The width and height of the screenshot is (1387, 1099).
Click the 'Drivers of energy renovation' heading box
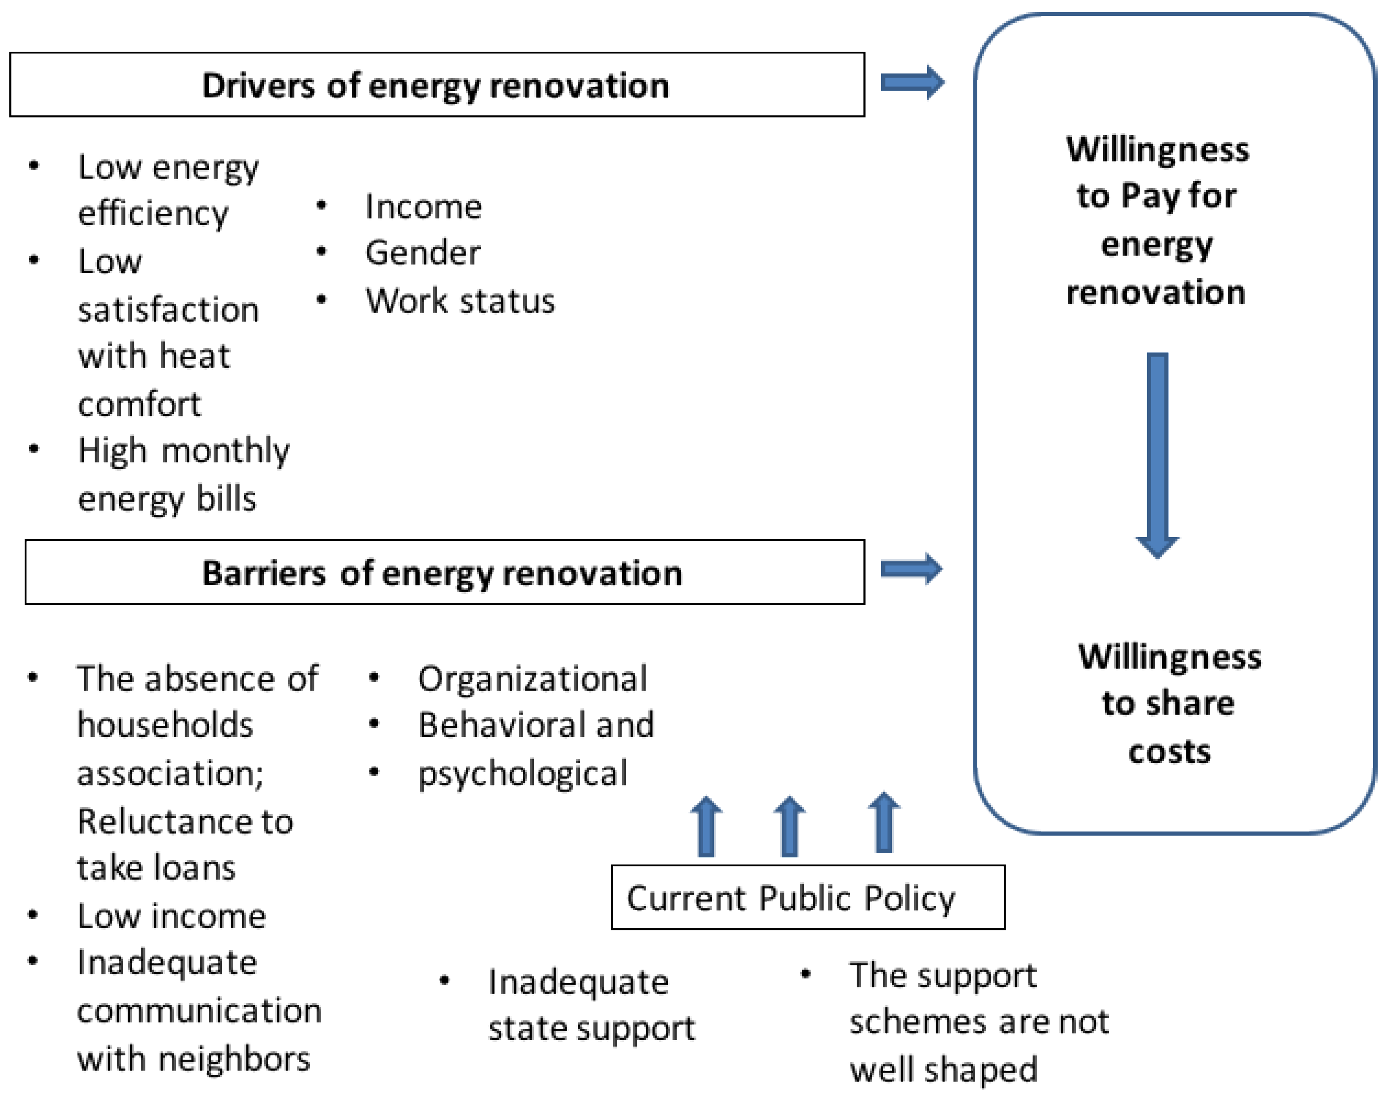click(x=436, y=85)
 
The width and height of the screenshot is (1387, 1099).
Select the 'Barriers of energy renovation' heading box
click(x=444, y=572)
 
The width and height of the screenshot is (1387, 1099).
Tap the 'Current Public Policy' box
click(x=808, y=897)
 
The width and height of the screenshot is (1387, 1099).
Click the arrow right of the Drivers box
click(x=912, y=82)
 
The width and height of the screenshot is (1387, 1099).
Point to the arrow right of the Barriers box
click(x=911, y=569)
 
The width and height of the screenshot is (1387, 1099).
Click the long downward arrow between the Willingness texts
click(x=1157, y=454)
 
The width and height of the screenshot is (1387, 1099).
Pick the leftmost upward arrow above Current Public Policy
click(x=706, y=827)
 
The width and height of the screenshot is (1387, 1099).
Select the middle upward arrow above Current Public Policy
click(x=789, y=827)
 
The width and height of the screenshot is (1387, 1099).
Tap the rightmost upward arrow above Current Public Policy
click(x=884, y=824)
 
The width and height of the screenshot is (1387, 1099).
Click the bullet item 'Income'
click(x=423, y=207)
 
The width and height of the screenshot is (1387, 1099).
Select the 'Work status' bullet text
click(x=460, y=301)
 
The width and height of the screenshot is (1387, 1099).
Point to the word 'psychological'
click(x=523, y=774)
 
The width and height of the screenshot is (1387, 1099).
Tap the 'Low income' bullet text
click(x=171, y=916)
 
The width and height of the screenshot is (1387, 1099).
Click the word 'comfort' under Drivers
click(x=140, y=404)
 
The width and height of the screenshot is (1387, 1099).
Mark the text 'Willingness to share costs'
click(x=1169, y=703)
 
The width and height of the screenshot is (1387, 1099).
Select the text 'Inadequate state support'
click(x=591, y=1005)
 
